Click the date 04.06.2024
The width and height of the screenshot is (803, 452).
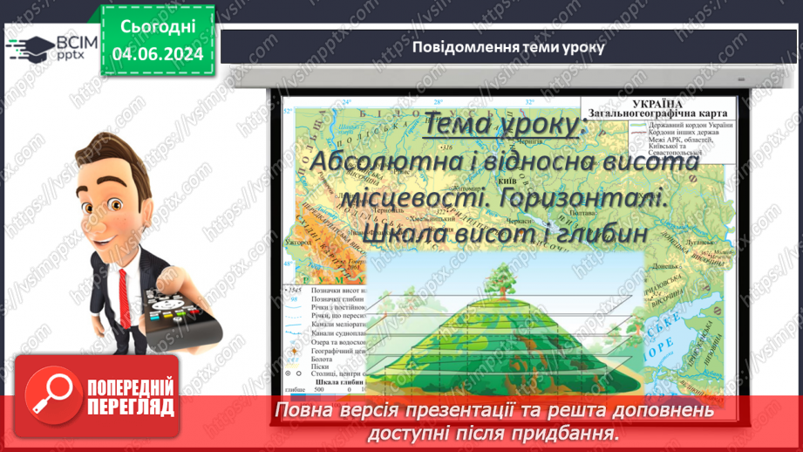[158, 54]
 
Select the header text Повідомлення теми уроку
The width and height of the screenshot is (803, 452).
[508, 47]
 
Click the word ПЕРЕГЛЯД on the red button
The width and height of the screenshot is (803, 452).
[130, 407]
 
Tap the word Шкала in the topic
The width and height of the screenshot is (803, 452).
[405, 233]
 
